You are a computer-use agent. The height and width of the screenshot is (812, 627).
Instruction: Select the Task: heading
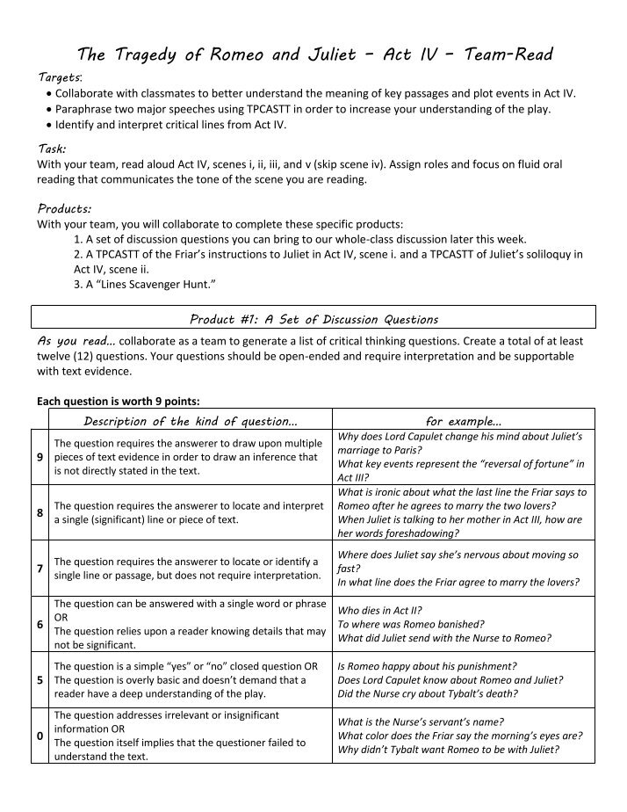coord(52,149)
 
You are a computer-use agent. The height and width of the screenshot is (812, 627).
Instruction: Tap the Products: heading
coord(64,208)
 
